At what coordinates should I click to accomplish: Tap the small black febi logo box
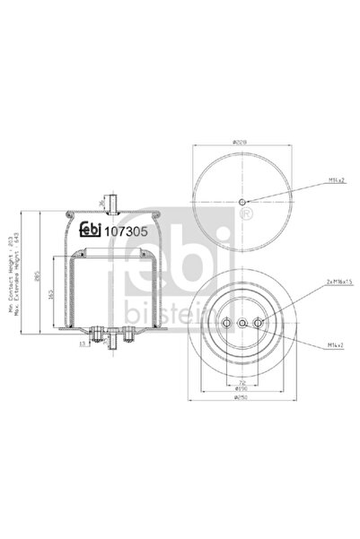[92, 228]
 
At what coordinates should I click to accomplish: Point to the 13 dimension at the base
[81, 344]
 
